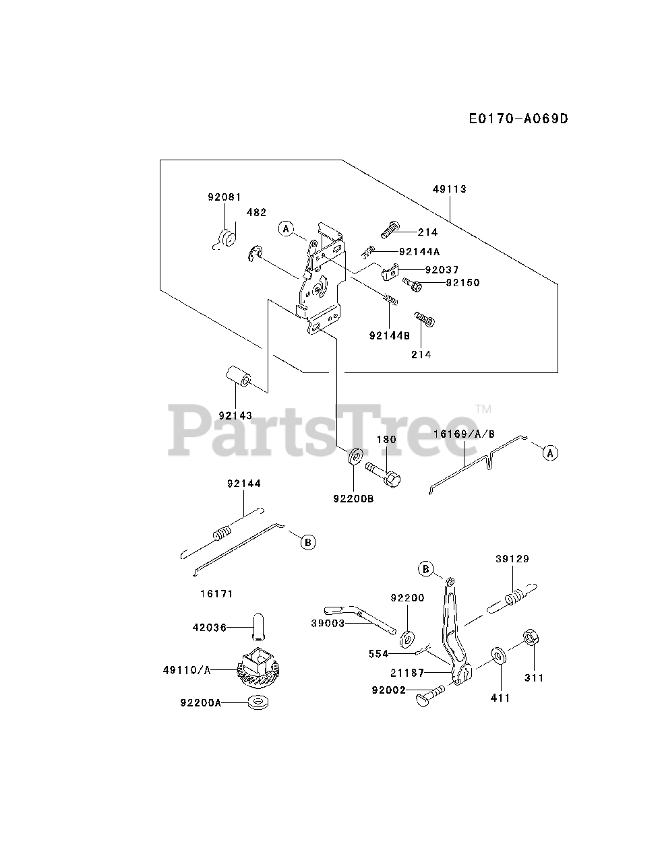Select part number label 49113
point(450,189)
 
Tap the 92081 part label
point(224,197)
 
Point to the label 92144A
point(419,251)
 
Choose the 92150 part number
point(462,283)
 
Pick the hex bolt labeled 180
point(383,471)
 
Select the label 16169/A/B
point(464,434)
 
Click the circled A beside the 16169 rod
point(551,453)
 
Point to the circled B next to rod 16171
point(308,541)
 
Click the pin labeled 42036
point(258,626)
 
